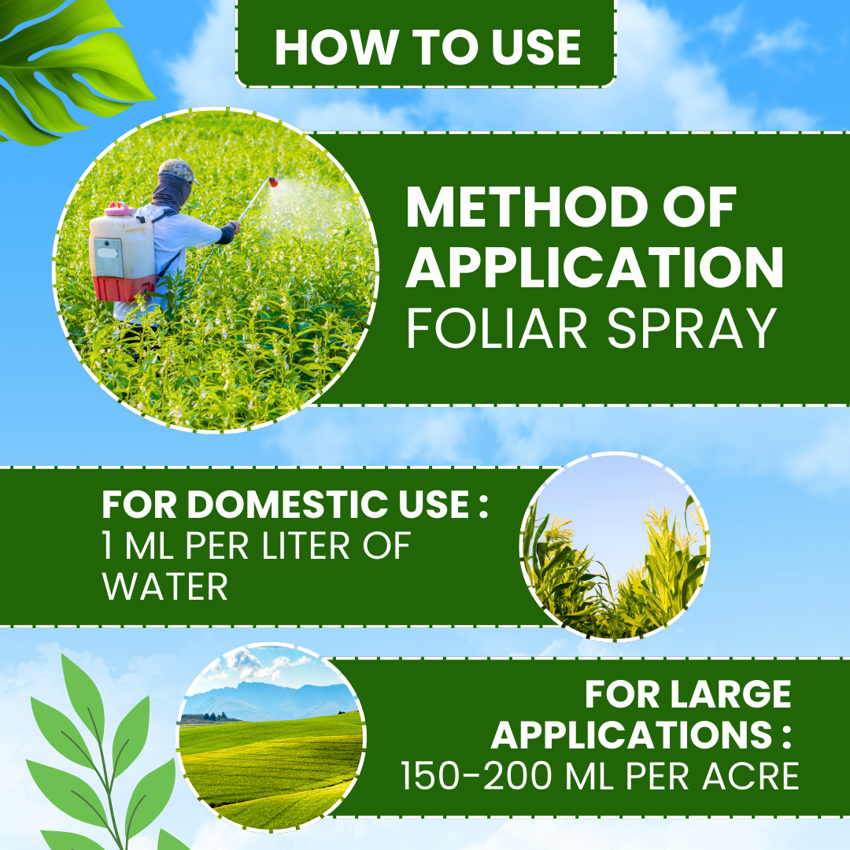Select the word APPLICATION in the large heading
pyautogui.click(x=595, y=267)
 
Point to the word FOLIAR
pyautogui.click(x=497, y=328)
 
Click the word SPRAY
pyautogui.click(x=692, y=328)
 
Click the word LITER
pyautogui.click(x=306, y=545)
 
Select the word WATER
pyautogui.click(x=164, y=586)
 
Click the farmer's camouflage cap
pyautogui.click(x=178, y=170)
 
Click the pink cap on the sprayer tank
pyautogui.click(x=119, y=209)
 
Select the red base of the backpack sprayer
pyautogui.click(x=124, y=288)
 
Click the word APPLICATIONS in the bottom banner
pyautogui.click(x=631, y=735)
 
